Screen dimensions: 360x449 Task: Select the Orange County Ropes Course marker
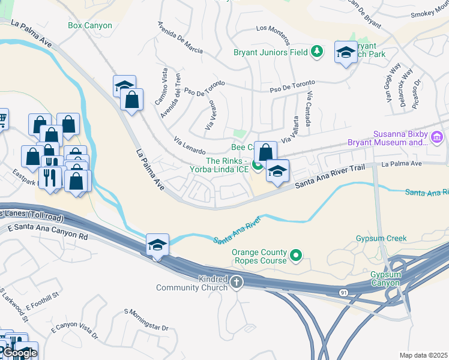(296, 256)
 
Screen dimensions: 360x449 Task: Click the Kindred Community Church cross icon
(237, 281)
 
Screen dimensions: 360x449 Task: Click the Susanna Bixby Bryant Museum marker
(437, 139)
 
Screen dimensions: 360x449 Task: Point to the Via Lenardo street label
(190, 146)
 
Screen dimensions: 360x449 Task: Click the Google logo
(20, 353)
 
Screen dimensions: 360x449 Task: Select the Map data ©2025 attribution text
(424, 355)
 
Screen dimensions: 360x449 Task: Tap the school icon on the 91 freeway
(157, 245)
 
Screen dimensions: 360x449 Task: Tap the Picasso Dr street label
(418, 92)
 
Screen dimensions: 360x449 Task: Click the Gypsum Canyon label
(385, 278)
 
